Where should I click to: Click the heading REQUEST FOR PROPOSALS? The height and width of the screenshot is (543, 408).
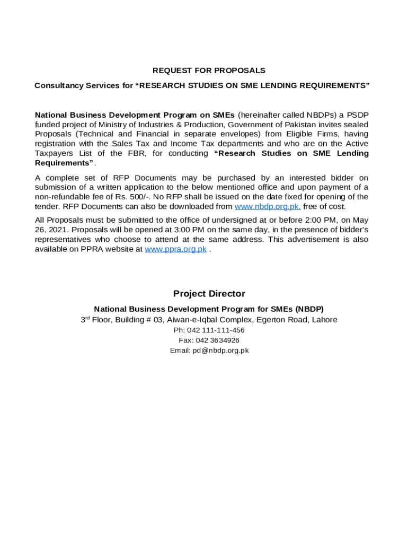209,71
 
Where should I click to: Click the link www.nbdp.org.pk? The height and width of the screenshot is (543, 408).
268,207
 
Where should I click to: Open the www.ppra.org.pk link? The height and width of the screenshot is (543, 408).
175,249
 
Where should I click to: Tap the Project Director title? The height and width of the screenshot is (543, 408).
209,294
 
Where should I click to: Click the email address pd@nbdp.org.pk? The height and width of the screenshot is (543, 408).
220,351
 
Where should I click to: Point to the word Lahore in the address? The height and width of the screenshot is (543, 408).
324,320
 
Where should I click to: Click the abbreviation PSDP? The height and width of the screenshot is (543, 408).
358,115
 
